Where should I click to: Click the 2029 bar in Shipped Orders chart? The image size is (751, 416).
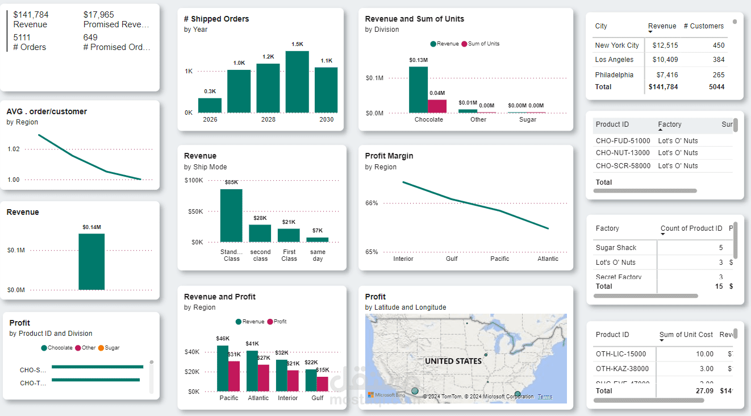coord(297,82)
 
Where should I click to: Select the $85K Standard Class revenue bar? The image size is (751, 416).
coord(231,215)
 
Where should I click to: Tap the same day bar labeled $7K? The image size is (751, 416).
coord(318,240)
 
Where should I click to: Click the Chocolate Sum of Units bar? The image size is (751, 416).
coord(437,106)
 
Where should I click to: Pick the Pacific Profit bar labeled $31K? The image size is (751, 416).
coord(234,376)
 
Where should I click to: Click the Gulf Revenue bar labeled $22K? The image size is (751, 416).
coord(311,380)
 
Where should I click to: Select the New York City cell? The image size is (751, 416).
coord(617,45)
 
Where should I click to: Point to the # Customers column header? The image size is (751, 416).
coord(703,26)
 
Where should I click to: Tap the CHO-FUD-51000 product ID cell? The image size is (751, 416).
coord(623,141)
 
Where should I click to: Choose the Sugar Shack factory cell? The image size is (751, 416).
coord(616,248)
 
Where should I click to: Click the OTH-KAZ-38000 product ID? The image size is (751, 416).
coord(621,369)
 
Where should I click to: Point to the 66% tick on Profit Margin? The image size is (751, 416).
coord(372,203)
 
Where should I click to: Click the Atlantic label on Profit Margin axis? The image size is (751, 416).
coord(548,259)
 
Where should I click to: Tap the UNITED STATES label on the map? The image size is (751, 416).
coord(453,361)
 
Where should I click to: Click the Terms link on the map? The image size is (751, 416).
coord(544,397)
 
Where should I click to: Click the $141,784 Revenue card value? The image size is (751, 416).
coord(31,15)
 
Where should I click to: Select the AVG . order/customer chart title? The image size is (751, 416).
coord(47,111)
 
